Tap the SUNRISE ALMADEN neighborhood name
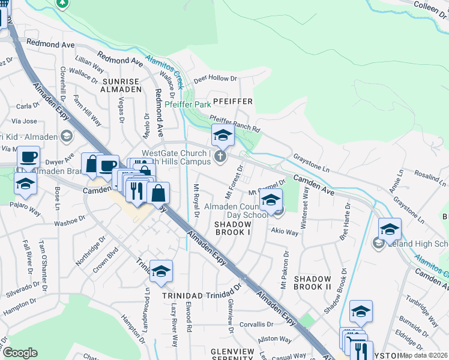121,85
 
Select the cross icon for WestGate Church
220,157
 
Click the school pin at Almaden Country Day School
271,200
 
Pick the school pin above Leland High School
390,229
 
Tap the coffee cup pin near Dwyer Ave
28,158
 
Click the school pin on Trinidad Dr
161,272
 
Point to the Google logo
20,353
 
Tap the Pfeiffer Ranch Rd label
234,125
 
